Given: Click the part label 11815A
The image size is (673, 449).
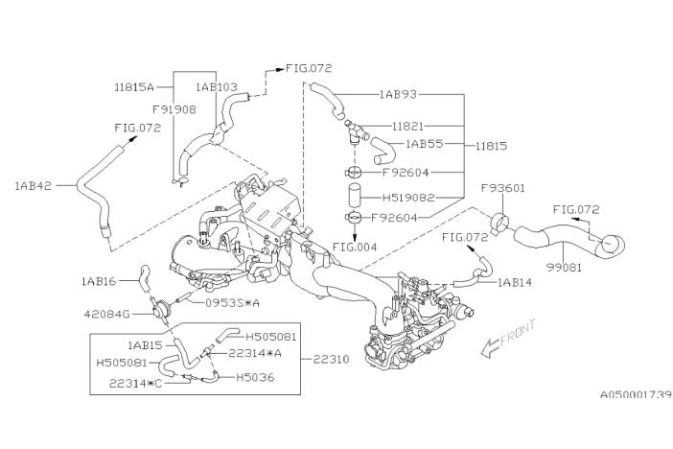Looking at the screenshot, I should [134, 84].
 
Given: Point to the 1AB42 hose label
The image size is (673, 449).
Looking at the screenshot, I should [34, 185].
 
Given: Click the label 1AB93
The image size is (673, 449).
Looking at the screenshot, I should [399, 95].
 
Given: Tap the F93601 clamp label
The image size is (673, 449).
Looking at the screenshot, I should [502, 188].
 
